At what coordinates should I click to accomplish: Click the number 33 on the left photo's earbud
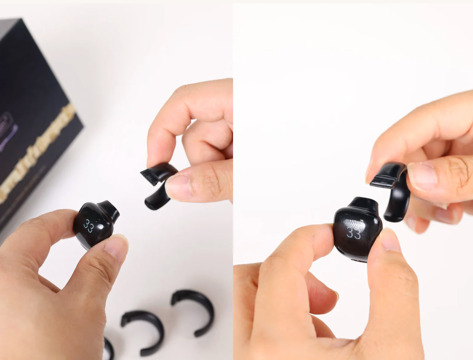click(x=88, y=226)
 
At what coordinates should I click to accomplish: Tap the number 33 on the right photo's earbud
click(x=354, y=233)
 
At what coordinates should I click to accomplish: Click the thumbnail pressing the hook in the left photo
click(x=177, y=186)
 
